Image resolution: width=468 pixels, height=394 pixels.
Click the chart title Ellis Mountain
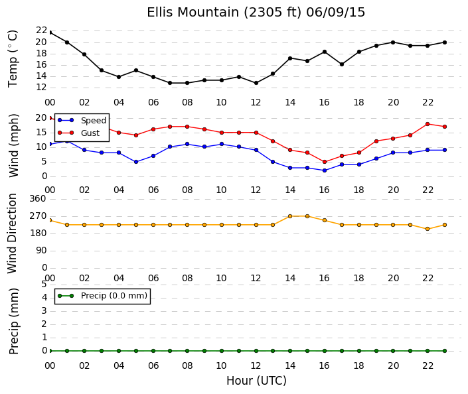[x=193, y=13]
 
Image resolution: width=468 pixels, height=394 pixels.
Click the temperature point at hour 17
[x=342, y=64]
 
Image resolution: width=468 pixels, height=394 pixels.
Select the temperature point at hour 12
[x=256, y=83]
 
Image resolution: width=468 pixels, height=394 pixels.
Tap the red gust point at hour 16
[x=325, y=162]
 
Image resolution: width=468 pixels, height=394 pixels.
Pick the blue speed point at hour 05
[x=136, y=162]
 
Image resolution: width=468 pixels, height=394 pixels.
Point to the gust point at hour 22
[x=428, y=124]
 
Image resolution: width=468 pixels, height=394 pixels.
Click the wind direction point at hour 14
[x=290, y=216]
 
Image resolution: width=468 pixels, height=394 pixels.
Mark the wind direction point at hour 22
[x=428, y=229]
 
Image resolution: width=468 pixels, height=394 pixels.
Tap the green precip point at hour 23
[x=445, y=351]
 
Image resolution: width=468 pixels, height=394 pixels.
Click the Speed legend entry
[x=82, y=121]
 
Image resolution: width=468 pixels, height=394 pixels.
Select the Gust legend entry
[x=78, y=133]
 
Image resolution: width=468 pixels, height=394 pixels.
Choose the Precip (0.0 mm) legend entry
[x=102, y=296]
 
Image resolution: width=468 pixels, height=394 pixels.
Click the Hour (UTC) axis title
[x=256, y=381]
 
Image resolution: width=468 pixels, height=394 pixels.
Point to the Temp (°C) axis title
[x=13, y=59]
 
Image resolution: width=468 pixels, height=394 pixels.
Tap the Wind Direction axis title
[x=12, y=233]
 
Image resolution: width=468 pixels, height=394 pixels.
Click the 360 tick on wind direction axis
[x=38, y=198]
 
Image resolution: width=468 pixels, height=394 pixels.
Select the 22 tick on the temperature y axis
[x=41, y=30]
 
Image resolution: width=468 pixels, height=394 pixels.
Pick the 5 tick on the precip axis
[x=44, y=285]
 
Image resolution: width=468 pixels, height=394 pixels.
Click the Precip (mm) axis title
[x=13, y=321]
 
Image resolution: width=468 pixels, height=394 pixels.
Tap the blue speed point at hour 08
[x=187, y=144]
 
